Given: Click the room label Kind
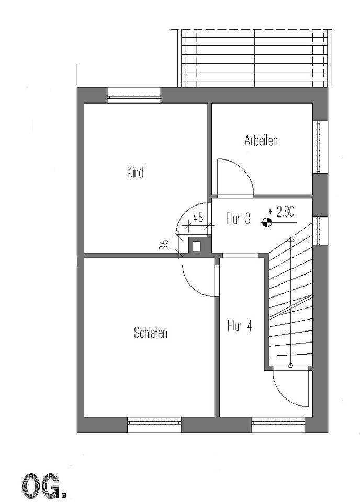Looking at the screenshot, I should tap(135, 173).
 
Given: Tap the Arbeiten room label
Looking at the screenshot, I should tap(261, 140).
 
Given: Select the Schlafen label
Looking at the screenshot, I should tap(151, 333).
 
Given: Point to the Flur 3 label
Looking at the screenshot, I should tap(238, 219).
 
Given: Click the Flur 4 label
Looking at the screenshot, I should tap(240, 326).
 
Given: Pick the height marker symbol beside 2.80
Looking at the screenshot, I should tap(267, 222).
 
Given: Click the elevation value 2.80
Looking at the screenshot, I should tap(286, 212).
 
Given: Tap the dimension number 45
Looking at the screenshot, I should tap(198, 218).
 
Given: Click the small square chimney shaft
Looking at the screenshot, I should tap(196, 246).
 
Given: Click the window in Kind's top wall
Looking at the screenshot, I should tap(133, 95).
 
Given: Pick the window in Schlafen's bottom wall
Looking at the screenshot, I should tap(154, 425).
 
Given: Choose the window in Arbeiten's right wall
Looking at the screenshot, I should tap(320, 147).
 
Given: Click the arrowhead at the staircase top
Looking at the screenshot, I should tap(291, 239).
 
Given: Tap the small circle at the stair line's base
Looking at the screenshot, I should tap(291, 365).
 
